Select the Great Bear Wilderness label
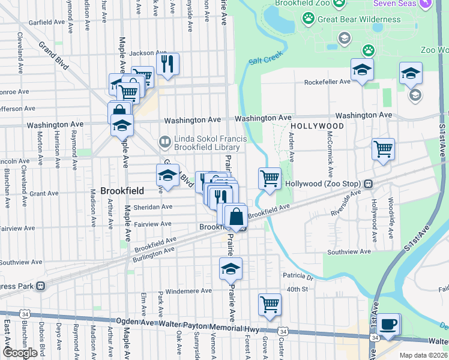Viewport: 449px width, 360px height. [x=358, y=19]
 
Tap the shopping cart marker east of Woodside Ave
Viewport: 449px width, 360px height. [x=383, y=148]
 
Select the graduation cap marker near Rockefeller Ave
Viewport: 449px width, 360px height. [x=362, y=70]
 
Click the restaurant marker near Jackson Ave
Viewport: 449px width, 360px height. [x=168, y=63]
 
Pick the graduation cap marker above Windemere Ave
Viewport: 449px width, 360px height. [x=230, y=269]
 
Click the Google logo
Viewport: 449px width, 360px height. [x=20, y=353]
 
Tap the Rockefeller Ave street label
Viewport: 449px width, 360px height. [x=327, y=82]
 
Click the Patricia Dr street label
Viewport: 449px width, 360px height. [x=298, y=277]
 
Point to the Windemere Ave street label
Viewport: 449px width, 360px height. [x=188, y=291]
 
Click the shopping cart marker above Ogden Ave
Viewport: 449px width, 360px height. [x=270, y=304]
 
